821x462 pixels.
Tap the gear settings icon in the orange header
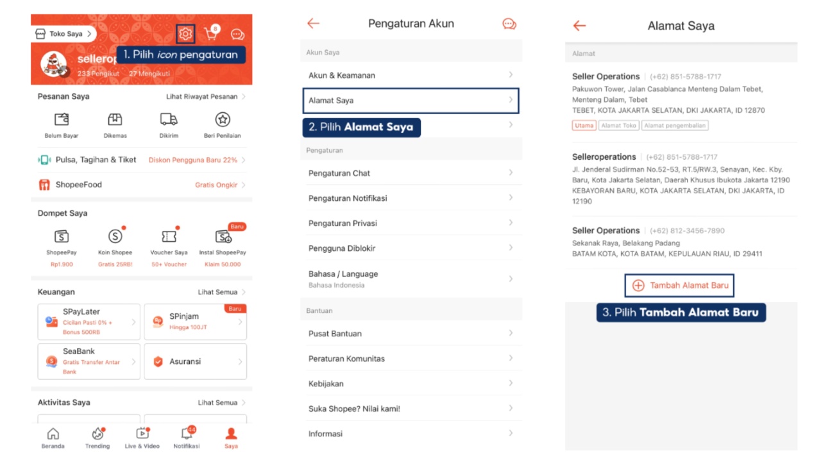(x=185, y=34)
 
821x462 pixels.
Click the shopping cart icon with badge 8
(x=212, y=33)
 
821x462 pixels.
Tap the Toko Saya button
(x=63, y=34)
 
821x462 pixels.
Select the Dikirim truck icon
(x=169, y=119)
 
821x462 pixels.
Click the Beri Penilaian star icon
(x=223, y=119)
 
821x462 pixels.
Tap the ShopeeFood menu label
(x=79, y=184)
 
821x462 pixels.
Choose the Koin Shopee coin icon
(x=115, y=237)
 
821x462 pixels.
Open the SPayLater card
(x=89, y=321)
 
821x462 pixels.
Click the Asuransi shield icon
(x=158, y=361)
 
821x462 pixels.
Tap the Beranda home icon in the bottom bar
(x=53, y=434)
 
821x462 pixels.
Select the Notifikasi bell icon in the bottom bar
(x=187, y=434)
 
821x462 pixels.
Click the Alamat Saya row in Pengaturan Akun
(x=410, y=101)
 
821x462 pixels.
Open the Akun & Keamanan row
(x=410, y=75)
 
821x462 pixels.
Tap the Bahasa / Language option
(x=410, y=279)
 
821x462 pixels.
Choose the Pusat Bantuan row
(x=410, y=333)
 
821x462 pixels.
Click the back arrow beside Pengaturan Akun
(x=314, y=24)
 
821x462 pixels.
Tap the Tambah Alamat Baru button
(x=679, y=286)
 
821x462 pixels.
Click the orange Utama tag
(x=584, y=125)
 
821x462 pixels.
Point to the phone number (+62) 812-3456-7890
(x=687, y=230)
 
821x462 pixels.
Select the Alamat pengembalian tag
(x=675, y=125)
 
